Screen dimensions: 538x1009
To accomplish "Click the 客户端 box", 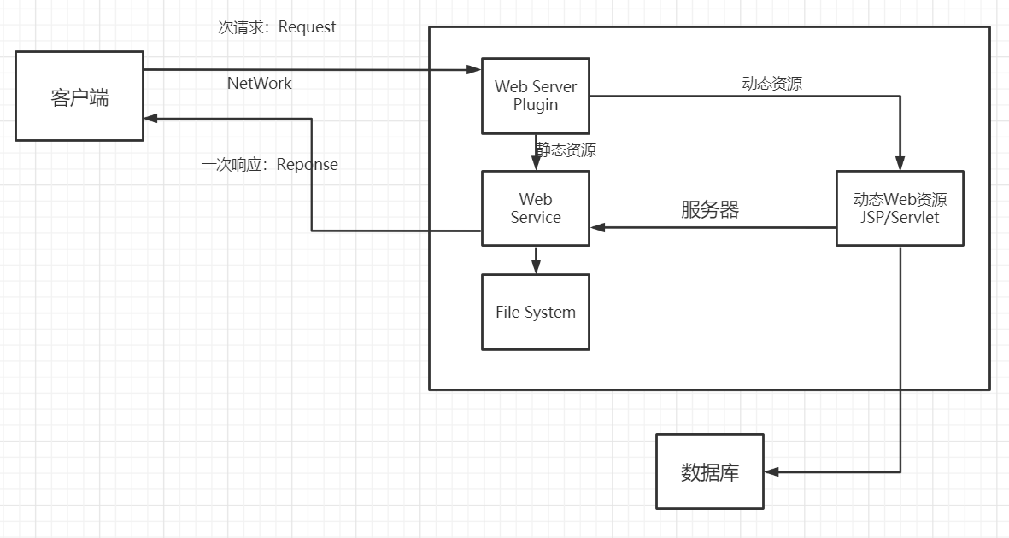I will coord(79,96).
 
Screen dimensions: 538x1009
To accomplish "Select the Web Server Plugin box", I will coord(536,96).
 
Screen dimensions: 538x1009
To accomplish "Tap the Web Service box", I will coord(536,208).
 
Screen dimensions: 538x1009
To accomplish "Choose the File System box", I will coord(536,312).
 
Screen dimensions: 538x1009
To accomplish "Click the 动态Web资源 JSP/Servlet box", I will coord(900,208).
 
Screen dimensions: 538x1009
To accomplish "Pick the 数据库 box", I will coord(709,471).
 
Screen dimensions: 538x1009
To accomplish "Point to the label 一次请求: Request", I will coord(269,27).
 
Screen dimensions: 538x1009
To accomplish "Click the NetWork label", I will coord(259,83).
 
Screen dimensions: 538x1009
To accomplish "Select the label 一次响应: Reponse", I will coord(269,165).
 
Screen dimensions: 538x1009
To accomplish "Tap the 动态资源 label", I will coord(771,84).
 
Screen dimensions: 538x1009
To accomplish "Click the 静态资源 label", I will coord(566,150).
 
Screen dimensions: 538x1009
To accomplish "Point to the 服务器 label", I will coord(709,210).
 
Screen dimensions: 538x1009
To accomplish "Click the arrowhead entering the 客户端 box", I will coord(150,119).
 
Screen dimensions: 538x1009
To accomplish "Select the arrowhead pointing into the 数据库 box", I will coord(770,471).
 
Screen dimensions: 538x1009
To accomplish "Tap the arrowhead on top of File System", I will coord(536,268).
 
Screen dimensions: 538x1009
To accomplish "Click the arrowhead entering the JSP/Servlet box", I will coord(900,165).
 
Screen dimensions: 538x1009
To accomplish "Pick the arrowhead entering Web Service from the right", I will coord(596,228).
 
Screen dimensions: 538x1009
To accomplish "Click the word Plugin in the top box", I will coord(536,105).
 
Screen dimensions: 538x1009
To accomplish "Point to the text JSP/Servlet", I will coord(900,218).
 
